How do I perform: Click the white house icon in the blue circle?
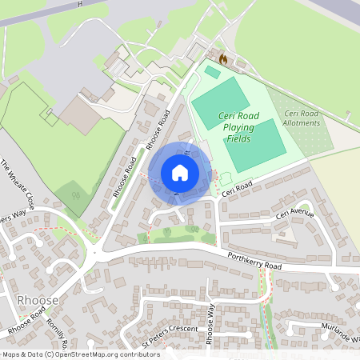(x=180, y=173)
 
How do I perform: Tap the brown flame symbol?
(x=223, y=59)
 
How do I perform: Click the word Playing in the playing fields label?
(x=238, y=127)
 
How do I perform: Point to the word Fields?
(x=238, y=138)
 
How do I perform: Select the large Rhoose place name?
(x=37, y=299)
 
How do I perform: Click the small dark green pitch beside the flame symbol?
(x=212, y=72)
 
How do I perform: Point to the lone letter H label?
(x=79, y=4)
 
